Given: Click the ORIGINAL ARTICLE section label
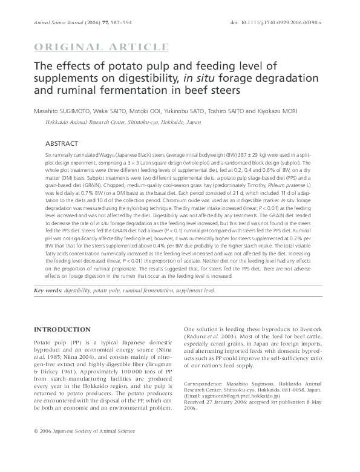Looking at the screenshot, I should pos(102,47).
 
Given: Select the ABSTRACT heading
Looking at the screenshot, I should pos(62,143).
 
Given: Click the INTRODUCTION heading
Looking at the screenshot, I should pos(62,329).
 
